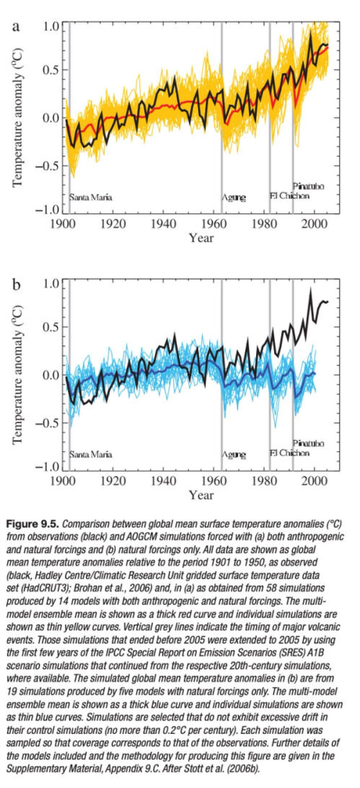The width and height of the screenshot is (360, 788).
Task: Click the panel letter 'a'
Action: [16, 27]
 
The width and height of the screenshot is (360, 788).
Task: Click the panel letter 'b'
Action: [16, 285]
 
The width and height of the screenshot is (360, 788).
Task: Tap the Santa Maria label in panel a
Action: [91, 197]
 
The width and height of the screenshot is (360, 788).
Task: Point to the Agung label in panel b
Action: [234, 455]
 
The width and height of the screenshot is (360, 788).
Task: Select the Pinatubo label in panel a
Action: [308, 186]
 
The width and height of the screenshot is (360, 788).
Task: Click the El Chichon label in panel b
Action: [289, 453]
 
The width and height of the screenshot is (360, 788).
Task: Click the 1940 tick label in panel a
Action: [163, 224]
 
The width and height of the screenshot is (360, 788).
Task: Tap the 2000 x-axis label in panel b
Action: [314, 481]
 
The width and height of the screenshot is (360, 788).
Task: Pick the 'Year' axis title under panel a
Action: [201, 238]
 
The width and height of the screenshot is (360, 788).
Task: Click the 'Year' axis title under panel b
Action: [201, 495]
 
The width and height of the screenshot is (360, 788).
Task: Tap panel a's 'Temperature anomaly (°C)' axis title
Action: [17, 117]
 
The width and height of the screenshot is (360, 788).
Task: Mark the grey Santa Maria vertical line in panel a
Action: [69, 113]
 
